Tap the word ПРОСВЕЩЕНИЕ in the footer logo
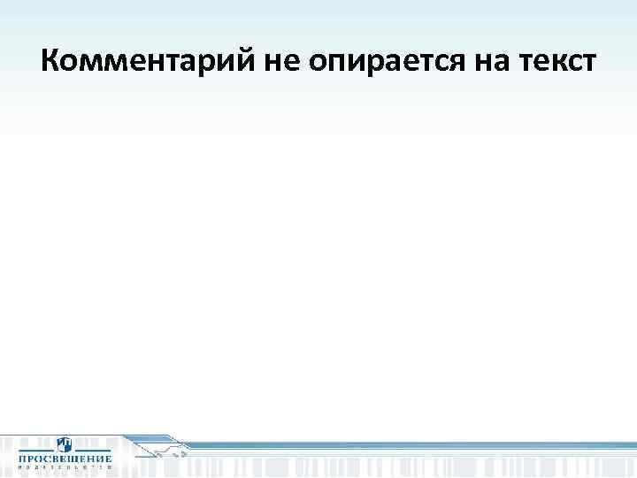[65, 459]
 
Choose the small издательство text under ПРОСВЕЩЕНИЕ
[65, 468]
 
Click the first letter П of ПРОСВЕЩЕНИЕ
[22, 459]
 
